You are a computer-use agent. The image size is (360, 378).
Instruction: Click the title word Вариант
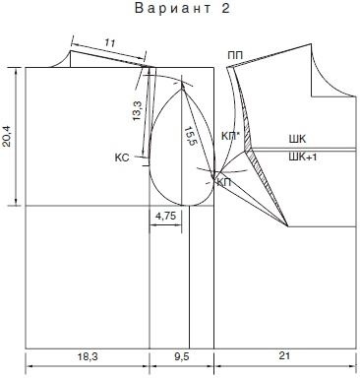(173, 9)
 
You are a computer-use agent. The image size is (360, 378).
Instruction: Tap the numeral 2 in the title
(226, 9)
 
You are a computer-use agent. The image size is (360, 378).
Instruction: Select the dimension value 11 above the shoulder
(110, 42)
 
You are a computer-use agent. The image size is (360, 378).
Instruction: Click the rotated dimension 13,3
(138, 110)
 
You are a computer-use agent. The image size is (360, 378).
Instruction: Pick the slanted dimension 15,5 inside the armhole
(190, 136)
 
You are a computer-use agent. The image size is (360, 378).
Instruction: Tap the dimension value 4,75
(165, 216)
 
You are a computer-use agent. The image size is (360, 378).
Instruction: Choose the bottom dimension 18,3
(88, 356)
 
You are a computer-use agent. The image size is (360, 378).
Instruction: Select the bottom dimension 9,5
(182, 356)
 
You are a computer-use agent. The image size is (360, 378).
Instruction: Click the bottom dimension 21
(284, 355)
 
